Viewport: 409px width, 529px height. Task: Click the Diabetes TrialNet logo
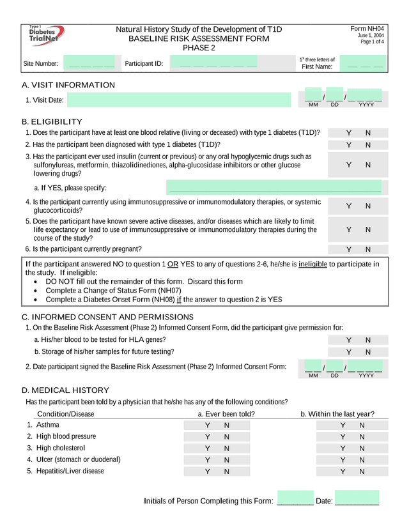46,36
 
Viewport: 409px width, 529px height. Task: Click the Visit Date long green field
179,100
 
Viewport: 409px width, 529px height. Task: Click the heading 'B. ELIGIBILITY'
52,121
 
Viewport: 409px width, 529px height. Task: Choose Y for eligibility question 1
349,133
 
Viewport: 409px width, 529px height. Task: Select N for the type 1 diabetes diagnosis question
368,145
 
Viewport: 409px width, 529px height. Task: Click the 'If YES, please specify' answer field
275,188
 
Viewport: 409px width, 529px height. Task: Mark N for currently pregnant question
368,250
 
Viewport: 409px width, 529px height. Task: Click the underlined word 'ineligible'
313,264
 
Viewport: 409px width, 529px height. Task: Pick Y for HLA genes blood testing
349,340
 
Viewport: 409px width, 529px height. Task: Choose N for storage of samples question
368,352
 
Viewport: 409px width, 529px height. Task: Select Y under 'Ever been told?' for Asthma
207,425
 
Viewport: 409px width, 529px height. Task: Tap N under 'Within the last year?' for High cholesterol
362,448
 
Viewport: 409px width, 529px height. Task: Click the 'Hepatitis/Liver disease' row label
70,471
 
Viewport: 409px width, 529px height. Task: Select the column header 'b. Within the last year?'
337,414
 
